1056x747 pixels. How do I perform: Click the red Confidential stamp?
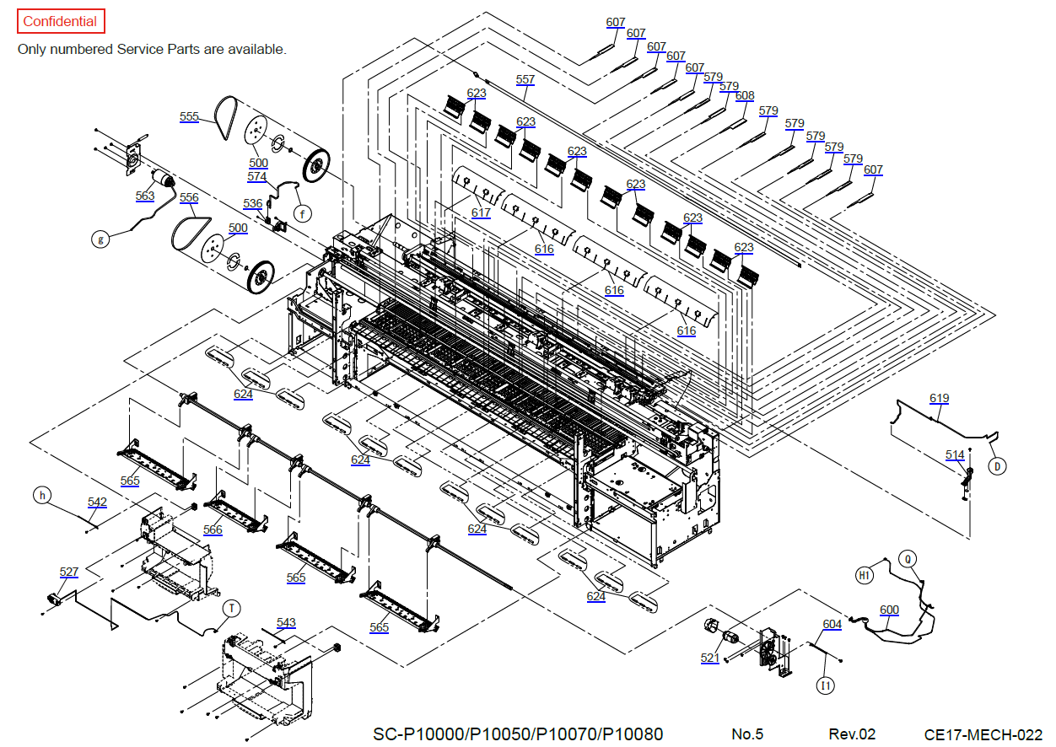coord(60,22)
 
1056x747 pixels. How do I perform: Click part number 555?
coord(189,116)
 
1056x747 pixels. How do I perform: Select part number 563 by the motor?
coord(145,196)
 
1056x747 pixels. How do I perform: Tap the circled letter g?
coord(100,239)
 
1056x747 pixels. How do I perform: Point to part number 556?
coord(189,197)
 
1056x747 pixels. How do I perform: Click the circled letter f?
coord(302,213)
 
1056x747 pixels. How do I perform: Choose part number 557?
coord(525,80)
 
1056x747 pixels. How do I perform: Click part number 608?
coord(745,96)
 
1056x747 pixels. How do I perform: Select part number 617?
coord(481,212)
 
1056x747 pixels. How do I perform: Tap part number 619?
coord(939,398)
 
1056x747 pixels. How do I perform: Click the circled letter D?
coord(996,465)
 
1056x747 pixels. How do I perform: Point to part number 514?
coord(955,455)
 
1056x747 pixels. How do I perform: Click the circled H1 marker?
coord(864,575)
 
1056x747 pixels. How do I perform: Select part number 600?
coord(889,610)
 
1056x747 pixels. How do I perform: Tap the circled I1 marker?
coord(826,685)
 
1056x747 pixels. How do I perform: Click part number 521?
coord(710,658)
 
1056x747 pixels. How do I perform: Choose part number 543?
coord(286,623)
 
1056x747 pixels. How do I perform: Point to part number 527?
coord(69,572)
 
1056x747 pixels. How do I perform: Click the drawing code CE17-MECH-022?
coord(983,734)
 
